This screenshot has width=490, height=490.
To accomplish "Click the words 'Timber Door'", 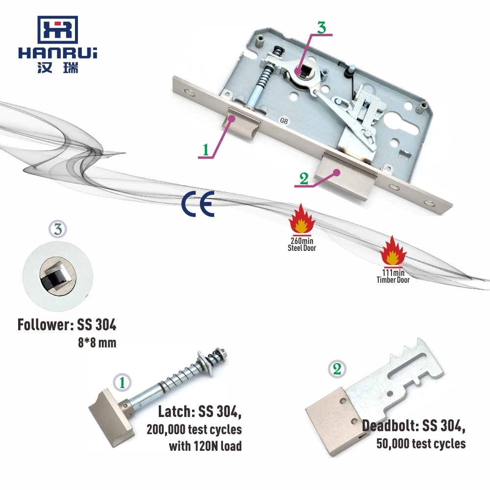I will pos(393,280).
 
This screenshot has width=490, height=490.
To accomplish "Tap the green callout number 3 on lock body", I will pos(321,27).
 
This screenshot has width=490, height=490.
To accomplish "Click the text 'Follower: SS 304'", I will pos(67,325).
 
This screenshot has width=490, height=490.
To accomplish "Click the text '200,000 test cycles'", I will pos(194,430).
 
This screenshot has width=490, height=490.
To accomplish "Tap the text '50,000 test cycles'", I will pos(421,443).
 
